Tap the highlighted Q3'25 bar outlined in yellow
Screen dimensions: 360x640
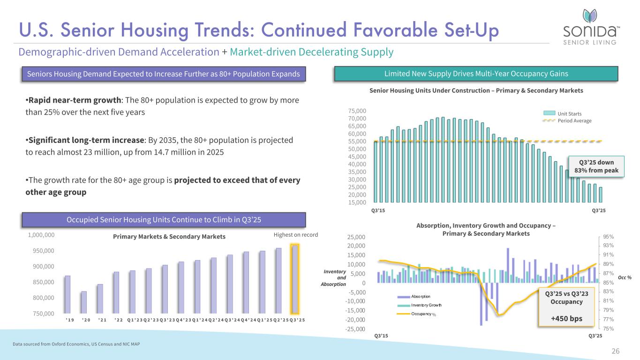coord(294,279)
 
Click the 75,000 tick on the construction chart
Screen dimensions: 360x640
coord(357,111)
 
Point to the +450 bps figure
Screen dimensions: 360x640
coord(566,318)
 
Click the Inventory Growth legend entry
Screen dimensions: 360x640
coord(426,305)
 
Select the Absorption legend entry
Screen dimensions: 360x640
coord(420,296)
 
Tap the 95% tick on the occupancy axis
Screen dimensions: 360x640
coord(608,237)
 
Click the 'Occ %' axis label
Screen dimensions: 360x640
coord(625,277)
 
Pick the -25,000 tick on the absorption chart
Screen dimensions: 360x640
coord(354,329)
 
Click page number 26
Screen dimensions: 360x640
coord(616,351)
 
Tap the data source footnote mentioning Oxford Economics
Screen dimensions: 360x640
coord(75,345)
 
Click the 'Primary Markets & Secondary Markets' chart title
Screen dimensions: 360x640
coord(169,237)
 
